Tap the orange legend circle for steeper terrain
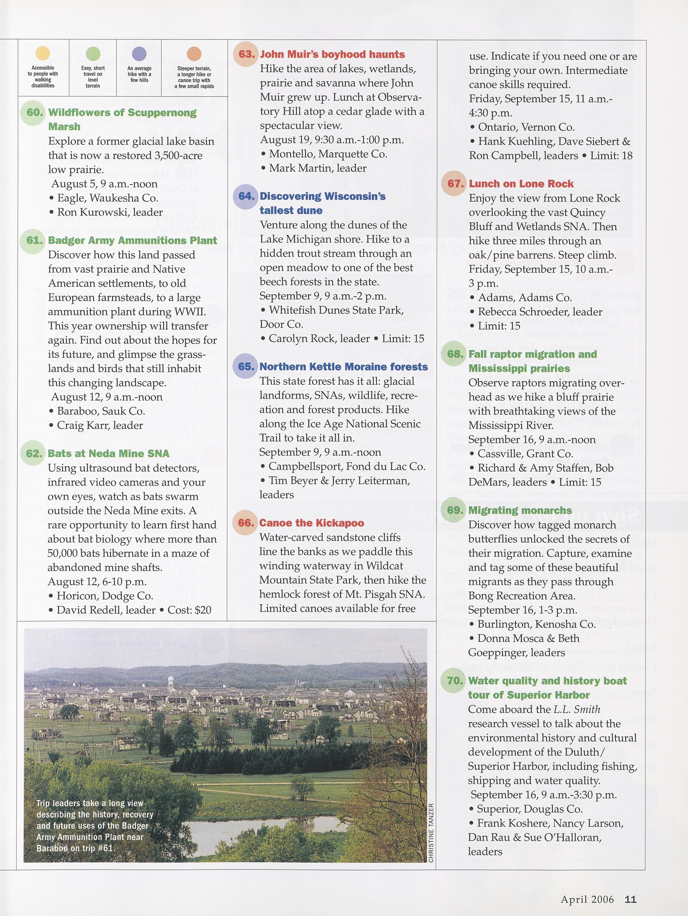click(x=194, y=53)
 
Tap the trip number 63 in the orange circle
click(x=246, y=54)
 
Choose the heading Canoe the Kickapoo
click(x=311, y=523)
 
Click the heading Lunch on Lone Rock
click(x=521, y=183)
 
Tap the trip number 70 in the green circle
click(x=455, y=680)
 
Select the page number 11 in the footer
click(x=631, y=899)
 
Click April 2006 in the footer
click(x=587, y=899)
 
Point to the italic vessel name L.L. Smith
click(x=576, y=709)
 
